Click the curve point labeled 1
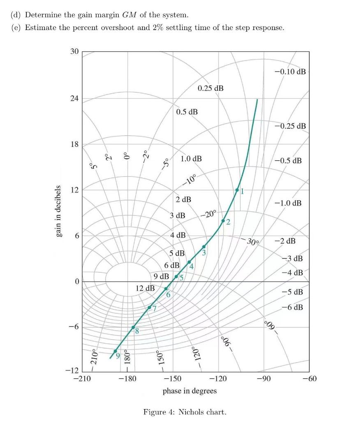pos(237,190)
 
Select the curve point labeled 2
pos(223,221)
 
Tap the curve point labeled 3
pos(204,247)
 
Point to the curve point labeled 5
pos(176,277)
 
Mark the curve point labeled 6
pos(166,289)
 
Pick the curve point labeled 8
pos(133,327)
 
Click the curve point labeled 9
pos(115,351)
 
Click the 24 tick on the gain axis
pos(74,99)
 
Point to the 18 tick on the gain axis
pos(74,145)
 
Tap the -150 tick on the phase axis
pos(173,378)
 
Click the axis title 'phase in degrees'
pos(189,391)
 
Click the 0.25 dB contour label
pos(210,88)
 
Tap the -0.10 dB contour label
pos(290,72)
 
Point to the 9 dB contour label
pos(161,276)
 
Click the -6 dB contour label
pos(292,307)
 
